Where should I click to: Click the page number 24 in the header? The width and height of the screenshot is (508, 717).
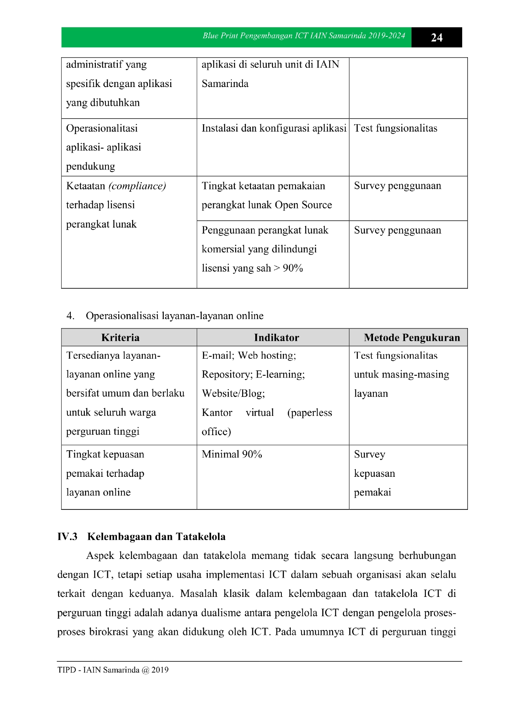click(436, 38)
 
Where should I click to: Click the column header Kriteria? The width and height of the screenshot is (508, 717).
click(120, 337)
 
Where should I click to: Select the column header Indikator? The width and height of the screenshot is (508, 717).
click(276, 337)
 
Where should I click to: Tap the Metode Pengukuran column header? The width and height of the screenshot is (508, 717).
click(411, 337)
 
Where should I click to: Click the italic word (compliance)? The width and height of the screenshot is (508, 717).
click(137, 186)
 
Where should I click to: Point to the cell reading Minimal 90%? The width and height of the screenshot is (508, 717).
click(232, 454)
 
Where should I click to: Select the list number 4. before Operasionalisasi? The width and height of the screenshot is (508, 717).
click(70, 316)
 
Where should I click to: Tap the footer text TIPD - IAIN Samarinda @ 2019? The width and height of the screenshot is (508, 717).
click(113, 670)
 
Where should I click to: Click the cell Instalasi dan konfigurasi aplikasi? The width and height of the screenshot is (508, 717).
click(274, 128)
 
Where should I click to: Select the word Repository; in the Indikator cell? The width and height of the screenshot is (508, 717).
click(227, 375)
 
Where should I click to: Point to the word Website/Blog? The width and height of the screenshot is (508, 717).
click(233, 393)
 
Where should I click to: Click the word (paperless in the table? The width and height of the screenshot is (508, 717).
click(310, 413)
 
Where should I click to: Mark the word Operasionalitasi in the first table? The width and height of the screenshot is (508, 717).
click(102, 128)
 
